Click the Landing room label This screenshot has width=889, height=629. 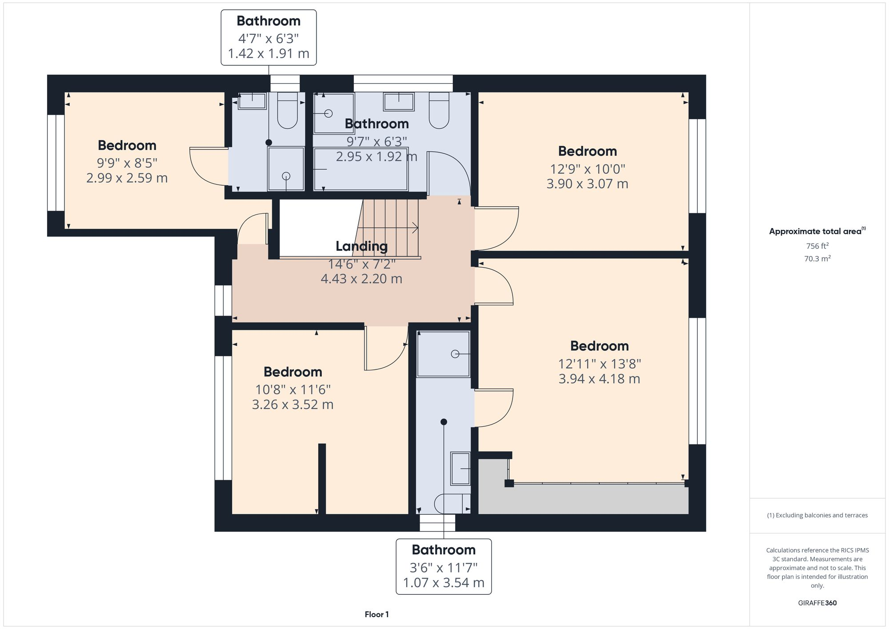coord(361,246)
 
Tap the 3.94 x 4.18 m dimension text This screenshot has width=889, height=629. coord(599,379)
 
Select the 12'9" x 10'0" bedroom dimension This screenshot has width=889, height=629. coord(587,169)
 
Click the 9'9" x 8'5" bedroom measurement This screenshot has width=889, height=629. coord(127,163)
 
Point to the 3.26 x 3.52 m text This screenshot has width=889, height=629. coord(292,405)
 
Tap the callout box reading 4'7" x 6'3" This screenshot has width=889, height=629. coord(268,38)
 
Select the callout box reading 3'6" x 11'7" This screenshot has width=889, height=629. coord(444,566)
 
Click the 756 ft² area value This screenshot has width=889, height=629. coord(817,246)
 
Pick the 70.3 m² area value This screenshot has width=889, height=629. coord(817,258)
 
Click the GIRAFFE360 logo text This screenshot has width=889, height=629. coord(817,603)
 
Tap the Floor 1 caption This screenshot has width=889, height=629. coord(376,614)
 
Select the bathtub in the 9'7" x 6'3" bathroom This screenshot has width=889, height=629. coord(360,169)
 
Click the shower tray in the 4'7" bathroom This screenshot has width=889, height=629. coord(286,169)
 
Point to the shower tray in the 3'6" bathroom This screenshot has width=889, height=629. coord(443,354)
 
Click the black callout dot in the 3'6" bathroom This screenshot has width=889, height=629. coord(444,422)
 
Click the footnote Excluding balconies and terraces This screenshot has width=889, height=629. coord(817,515)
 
